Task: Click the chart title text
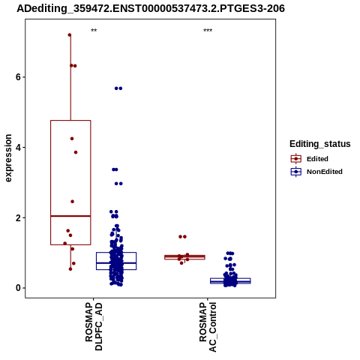(x=151, y=9)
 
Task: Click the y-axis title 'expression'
(x=8, y=158)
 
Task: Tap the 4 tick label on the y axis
(x=18, y=148)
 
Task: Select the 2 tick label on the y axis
(x=18, y=217)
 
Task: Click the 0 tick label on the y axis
(x=18, y=288)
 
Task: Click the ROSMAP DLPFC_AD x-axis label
(x=94, y=326)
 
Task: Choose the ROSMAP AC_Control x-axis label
(x=208, y=327)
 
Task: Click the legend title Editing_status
(x=320, y=144)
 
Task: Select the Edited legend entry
(x=310, y=159)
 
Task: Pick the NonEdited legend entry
(x=316, y=172)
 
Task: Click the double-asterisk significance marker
(x=94, y=31)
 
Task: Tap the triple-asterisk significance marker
(x=208, y=31)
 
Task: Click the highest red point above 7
(x=70, y=35)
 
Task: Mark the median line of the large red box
(x=70, y=216)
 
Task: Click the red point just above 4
(x=72, y=139)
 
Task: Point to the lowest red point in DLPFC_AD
(x=70, y=269)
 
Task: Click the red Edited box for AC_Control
(x=184, y=257)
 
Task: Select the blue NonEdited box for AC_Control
(x=230, y=281)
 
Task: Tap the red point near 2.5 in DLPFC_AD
(x=72, y=202)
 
